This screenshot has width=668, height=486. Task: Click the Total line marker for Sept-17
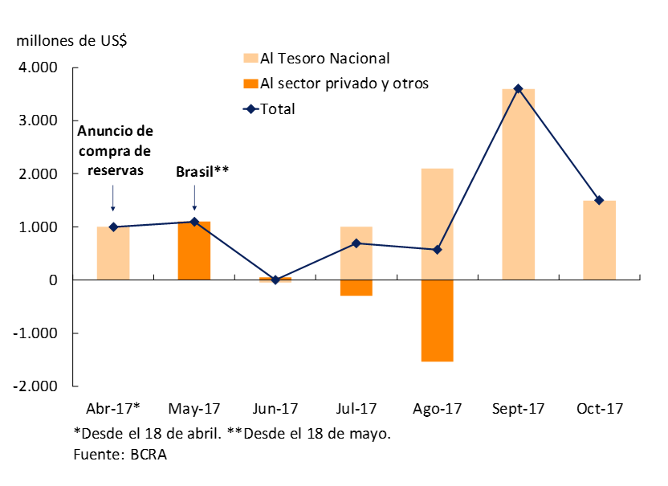point(518,88)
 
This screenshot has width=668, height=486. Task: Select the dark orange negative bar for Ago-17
point(437,321)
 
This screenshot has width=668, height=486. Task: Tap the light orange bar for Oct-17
point(599,240)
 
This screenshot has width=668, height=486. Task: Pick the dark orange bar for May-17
point(194,251)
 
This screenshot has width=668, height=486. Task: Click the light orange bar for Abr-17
point(113,253)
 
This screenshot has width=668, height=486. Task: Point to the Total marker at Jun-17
point(275,280)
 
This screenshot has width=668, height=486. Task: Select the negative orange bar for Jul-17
point(356,288)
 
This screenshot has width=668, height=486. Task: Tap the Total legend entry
point(277,108)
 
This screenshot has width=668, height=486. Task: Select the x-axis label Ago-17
point(437,409)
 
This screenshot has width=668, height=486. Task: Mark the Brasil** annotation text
point(202,172)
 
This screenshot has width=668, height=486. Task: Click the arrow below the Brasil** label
point(194,198)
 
